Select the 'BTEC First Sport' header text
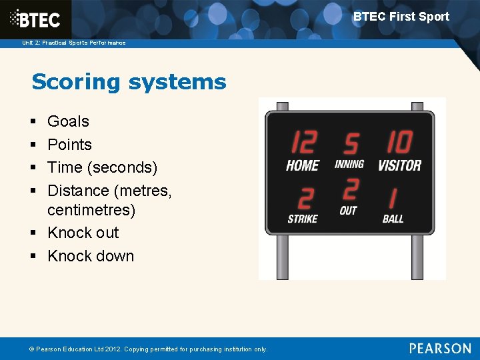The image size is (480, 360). (401, 17)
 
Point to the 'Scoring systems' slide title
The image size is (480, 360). (129, 82)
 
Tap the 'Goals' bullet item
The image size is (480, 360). (68, 121)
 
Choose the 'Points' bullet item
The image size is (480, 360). (69, 145)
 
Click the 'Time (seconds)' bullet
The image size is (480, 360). (102, 167)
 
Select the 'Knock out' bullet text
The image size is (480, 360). (83, 233)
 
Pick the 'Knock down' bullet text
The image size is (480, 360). (91, 256)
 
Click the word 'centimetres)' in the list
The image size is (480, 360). (91, 211)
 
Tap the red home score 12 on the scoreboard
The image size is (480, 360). (303, 143)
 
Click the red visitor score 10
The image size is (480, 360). (399, 143)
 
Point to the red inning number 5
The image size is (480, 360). (350, 144)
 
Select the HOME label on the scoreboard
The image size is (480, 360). (303, 165)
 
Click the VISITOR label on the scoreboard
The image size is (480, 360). (399, 165)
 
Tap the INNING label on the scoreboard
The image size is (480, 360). (349, 164)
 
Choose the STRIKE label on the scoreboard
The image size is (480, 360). (303, 219)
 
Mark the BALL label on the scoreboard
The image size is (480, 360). (393, 219)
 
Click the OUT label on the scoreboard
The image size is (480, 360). (349, 211)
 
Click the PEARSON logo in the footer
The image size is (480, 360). (440, 348)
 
